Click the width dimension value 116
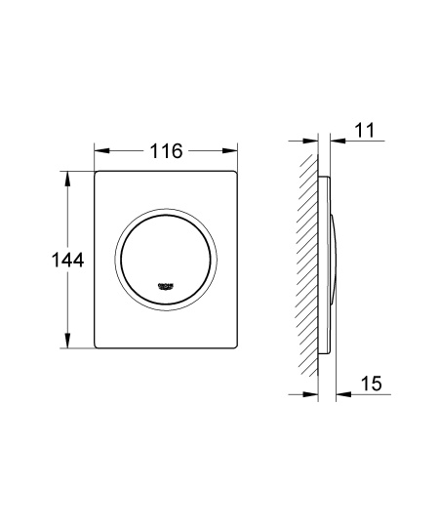click(x=167, y=151)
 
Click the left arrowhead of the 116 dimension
click(x=100, y=151)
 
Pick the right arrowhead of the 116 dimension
click(x=233, y=151)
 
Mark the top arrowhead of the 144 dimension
click(x=68, y=179)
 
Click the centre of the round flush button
click(x=167, y=260)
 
